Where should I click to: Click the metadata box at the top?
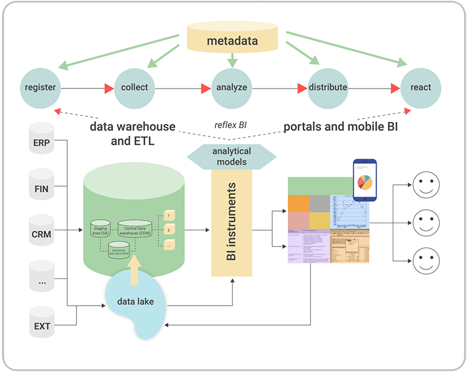coord(232,41)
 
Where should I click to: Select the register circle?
coord(40,88)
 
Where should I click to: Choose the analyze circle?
coord(232,88)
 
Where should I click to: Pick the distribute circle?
coord(327,88)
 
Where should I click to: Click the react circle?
coord(420,88)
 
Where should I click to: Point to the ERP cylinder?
coord(41,142)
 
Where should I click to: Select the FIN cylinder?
coord(41,188)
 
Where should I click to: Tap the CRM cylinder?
coord(41,233)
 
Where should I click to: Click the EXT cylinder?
coord(41,325)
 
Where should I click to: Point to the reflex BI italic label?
coord(232,124)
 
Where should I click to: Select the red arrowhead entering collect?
coord(109,89)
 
